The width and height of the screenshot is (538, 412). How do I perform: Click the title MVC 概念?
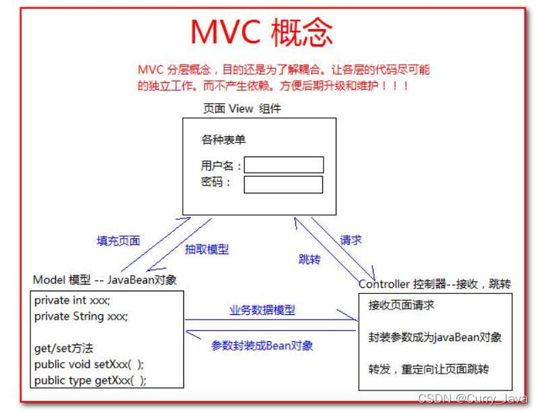click(x=262, y=32)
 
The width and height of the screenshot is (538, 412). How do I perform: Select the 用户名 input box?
click(x=284, y=165)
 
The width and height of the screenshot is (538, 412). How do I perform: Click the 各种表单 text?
click(x=223, y=140)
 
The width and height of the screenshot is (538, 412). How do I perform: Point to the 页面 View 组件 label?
click(x=242, y=109)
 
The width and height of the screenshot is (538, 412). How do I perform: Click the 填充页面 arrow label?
click(x=119, y=241)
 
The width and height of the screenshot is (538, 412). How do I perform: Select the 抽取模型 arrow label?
click(x=207, y=249)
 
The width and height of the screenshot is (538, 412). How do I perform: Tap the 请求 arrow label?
click(x=351, y=240)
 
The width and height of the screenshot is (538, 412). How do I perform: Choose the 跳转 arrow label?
click(x=309, y=259)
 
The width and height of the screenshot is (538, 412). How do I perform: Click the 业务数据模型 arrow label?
click(x=262, y=310)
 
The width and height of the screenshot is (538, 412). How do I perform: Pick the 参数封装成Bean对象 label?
click(x=262, y=345)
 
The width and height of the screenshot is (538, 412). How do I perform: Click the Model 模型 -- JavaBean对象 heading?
click(x=104, y=280)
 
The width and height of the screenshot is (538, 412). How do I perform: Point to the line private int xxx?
click(x=72, y=300)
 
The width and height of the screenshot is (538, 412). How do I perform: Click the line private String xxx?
click(x=81, y=316)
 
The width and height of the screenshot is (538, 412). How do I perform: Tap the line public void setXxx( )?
click(x=89, y=364)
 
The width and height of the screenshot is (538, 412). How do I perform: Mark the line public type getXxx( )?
click(x=90, y=380)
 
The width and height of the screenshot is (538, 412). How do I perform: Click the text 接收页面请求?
click(x=401, y=305)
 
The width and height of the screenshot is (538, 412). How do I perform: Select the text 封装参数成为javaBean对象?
click(x=435, y=337)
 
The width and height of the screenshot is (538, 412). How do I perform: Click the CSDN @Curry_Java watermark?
click(x=472, y=399)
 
